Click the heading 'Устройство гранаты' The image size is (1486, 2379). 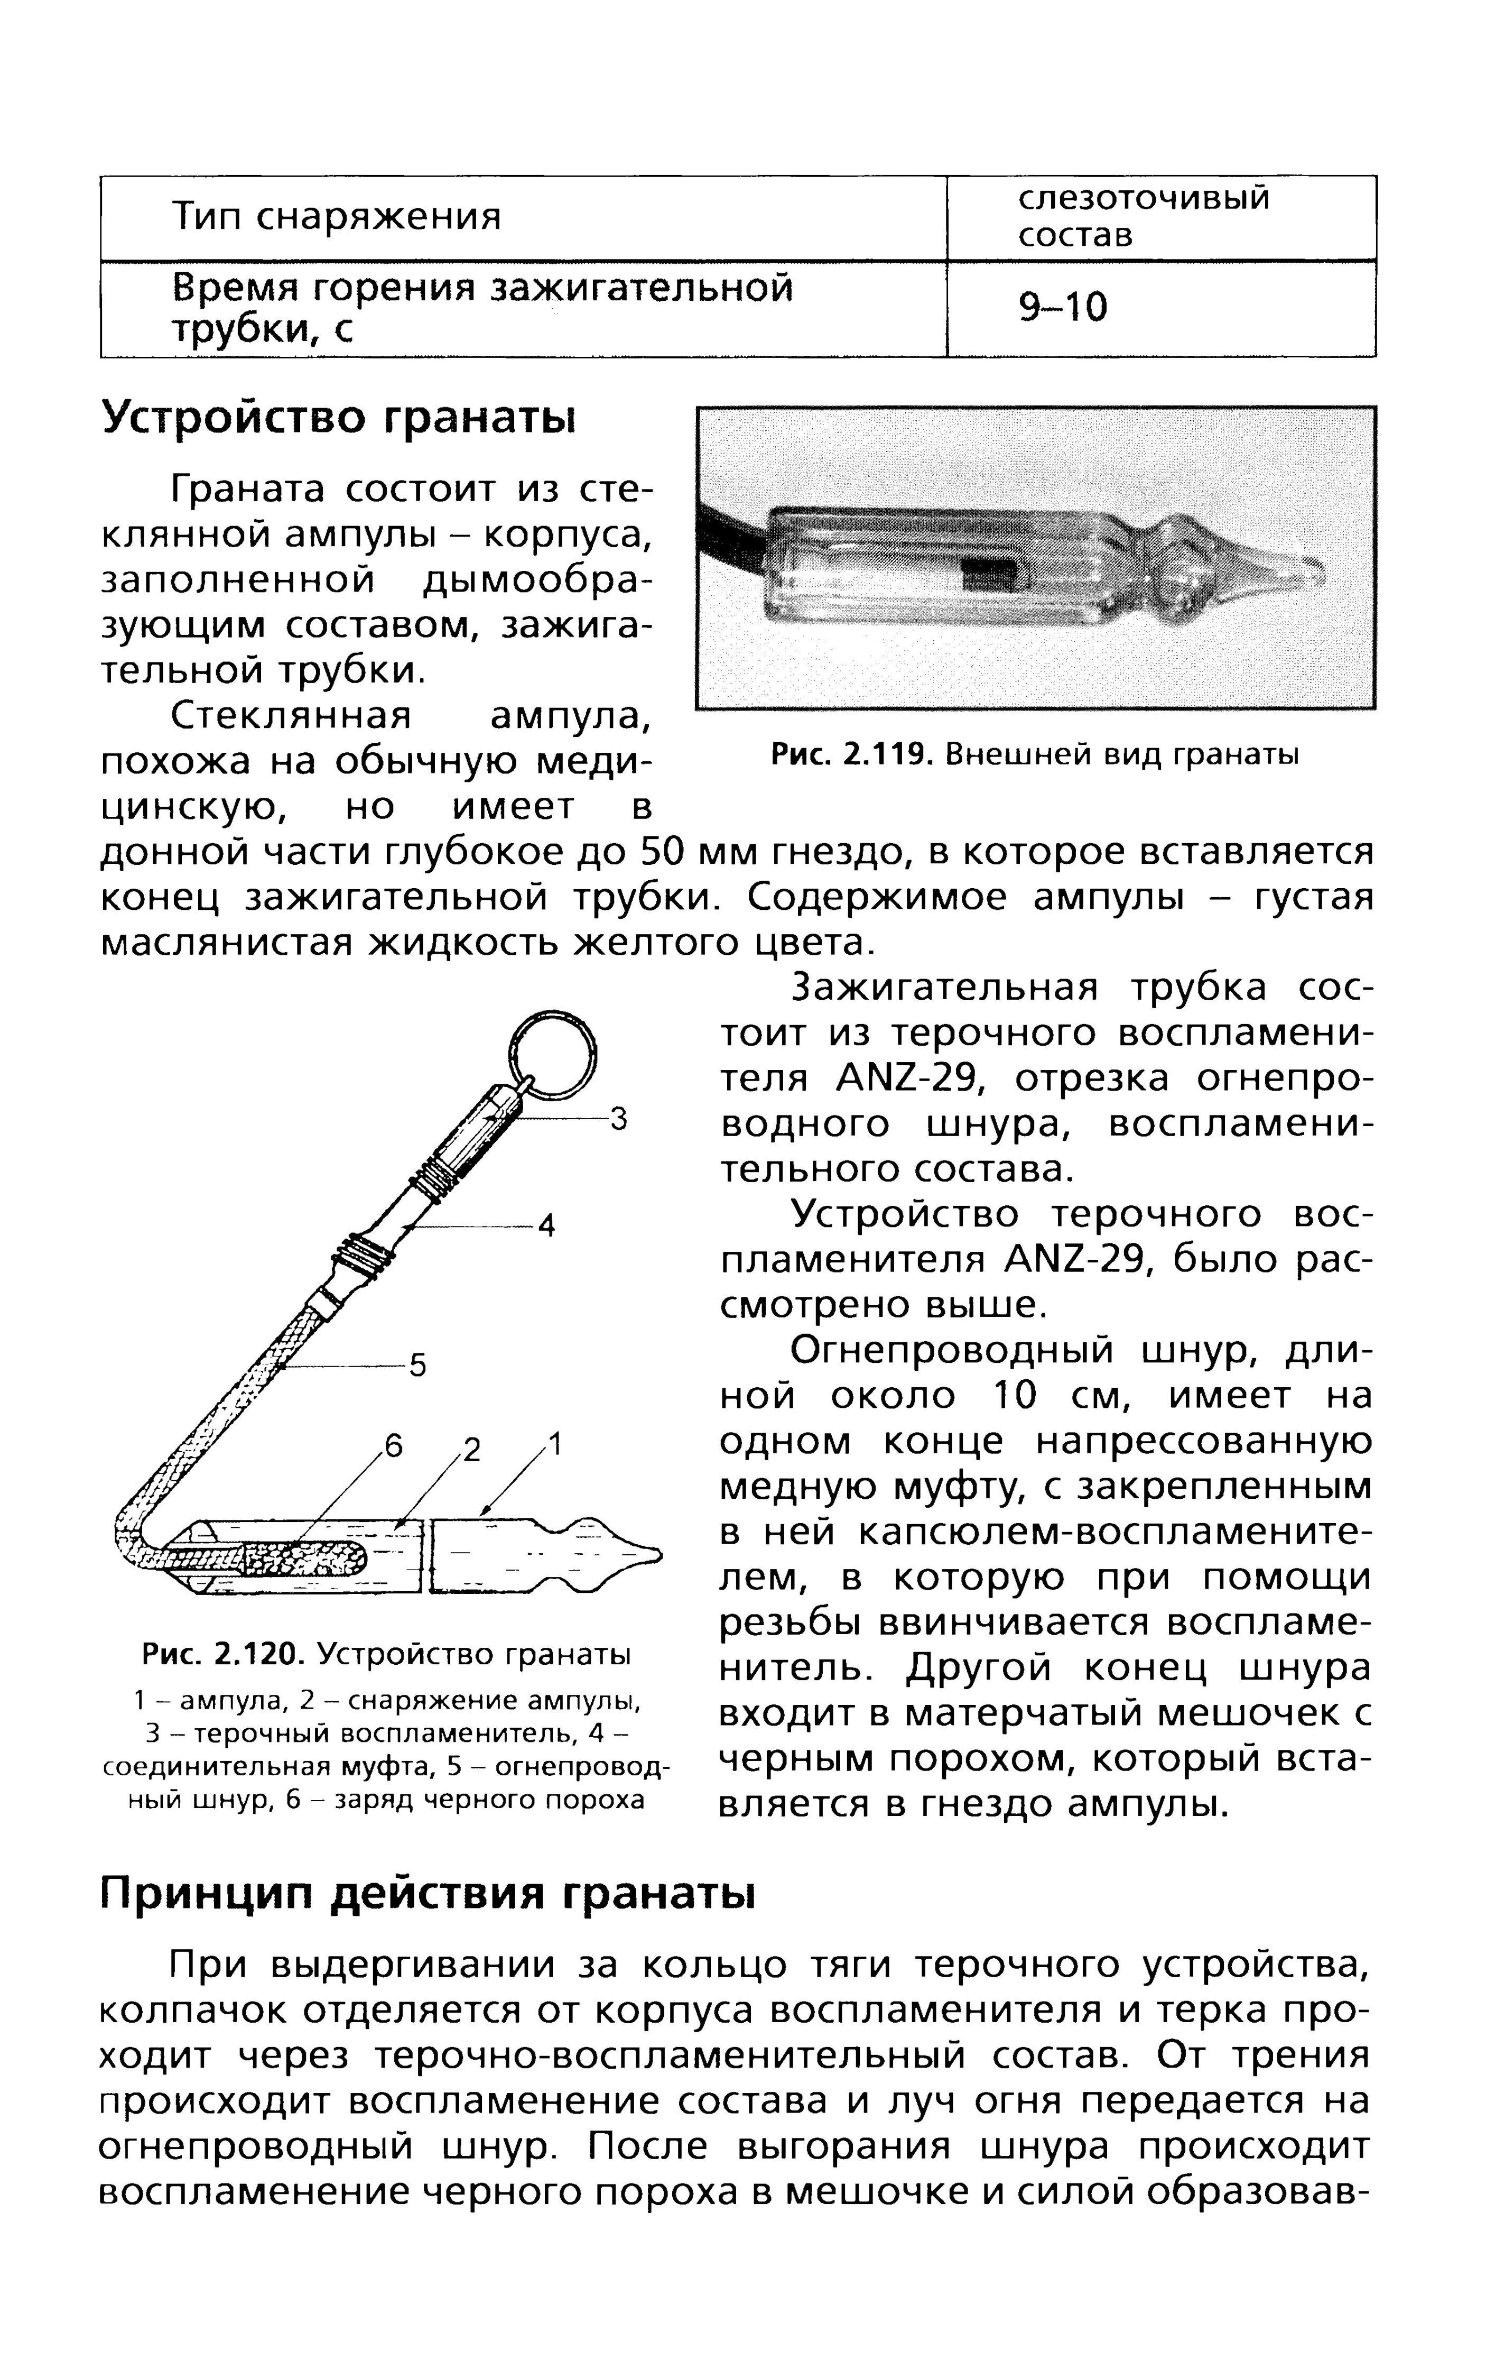[x=339, y=417]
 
